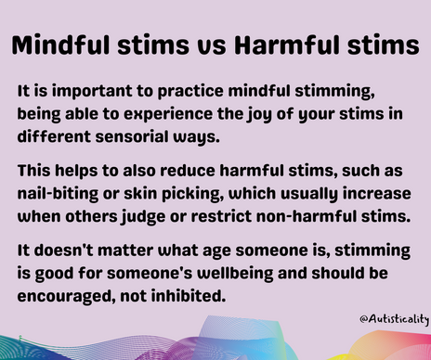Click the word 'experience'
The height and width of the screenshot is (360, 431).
[x=150, y=115]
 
